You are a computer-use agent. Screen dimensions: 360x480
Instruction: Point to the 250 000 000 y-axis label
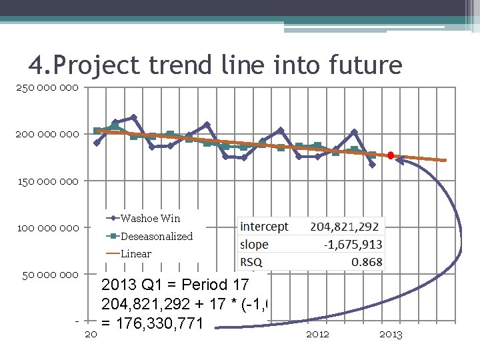point(47,87)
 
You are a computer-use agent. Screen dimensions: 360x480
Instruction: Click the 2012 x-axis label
point(317,334)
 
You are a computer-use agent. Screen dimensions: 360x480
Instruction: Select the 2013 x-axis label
point(391,334)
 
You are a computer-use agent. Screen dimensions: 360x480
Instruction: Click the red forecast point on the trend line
point(391,155)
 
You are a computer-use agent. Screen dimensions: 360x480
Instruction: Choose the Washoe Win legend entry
point(150,218)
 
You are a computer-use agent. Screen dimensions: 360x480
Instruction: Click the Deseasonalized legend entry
point(156,236)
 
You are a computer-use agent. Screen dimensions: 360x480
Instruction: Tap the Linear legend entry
point(135,253)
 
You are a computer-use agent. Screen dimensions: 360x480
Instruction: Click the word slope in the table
point(255,244)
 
